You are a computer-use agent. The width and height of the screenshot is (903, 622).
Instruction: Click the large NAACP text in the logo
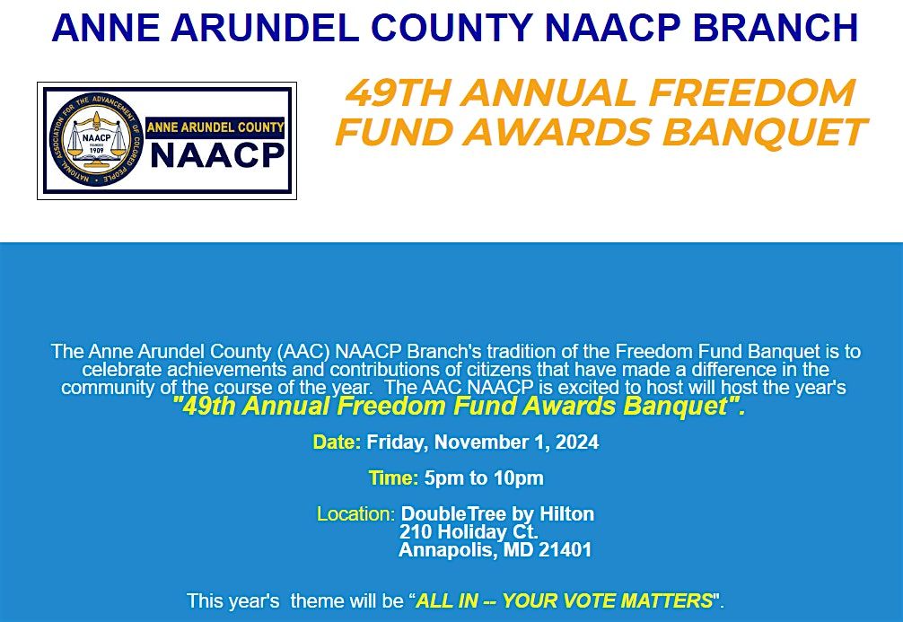(x=216, y=156)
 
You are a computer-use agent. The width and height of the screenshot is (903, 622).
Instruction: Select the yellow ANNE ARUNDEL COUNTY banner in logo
(x=215, y=127)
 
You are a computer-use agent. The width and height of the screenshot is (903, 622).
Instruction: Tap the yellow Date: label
(x=337, y=442)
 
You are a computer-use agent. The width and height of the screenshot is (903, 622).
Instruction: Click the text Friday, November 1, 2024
(x=482, y=442)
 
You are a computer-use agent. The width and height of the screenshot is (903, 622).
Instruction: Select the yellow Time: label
(x=393, y=478)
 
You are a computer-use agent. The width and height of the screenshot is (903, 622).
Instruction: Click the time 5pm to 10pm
(x=484, y=478)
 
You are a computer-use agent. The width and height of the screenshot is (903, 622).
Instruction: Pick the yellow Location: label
(x=355, y=514)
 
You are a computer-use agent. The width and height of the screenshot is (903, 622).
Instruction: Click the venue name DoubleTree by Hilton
(x=497, y=514)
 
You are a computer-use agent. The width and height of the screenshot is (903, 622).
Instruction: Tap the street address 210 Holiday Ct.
(x=468, y=532)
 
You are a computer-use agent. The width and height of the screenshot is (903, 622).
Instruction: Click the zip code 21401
(x=565, y=550)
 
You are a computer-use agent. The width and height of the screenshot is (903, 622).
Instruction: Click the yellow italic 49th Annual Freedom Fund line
(x=460, y=407)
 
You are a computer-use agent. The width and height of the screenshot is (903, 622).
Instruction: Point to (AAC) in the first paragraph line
(x=303, y=352)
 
